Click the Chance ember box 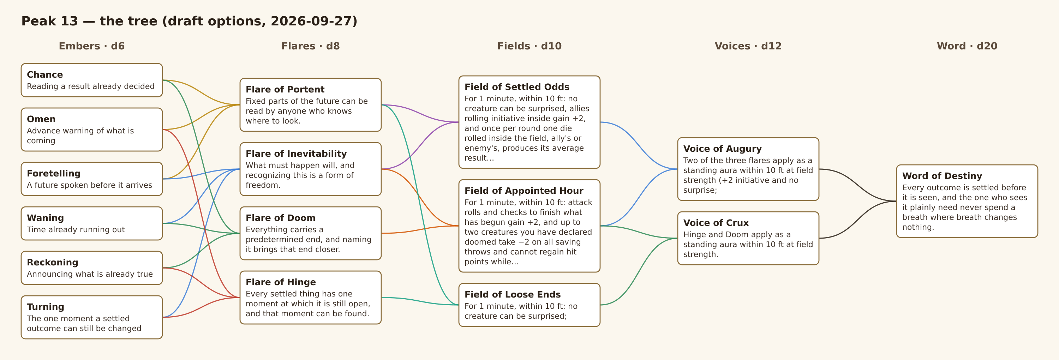(x=92, y=80)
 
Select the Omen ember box (x=92, y=130)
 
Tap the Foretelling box (x=92, y=179)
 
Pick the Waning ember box (x=92, y=223)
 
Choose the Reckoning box (x=92, y=268)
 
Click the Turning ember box (x=92, y=317)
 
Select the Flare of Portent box (x=310, y=105)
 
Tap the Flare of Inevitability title (x=296, y=154)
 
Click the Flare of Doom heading (x=280, y=218)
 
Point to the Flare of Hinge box (x=310, y=297)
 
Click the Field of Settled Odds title (x=517, y=87)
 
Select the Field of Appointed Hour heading (x=524, y=191)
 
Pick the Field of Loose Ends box (x=529, y=305)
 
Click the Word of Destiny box (x=967, y=201)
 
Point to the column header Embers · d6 (x=92, y=46)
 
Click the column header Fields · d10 (x=529, y=46)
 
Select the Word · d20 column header (x=967, y=46)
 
